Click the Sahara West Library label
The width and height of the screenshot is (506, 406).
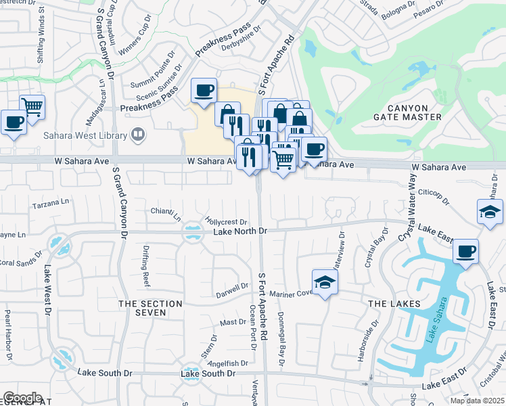(x=85, y=135)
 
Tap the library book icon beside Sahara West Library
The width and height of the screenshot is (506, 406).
(x=139, y=134)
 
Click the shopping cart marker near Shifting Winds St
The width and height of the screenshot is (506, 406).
(x=32, y=106)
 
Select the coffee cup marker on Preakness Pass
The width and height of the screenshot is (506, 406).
(x=204, y=91)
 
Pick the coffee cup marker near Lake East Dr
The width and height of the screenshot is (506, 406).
(x=466, y=252)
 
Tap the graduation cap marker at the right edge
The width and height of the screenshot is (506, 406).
(x=490, y=212)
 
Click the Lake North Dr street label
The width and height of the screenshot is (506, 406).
(x=241, y=231)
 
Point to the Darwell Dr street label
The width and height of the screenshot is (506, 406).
(x=232, y=288)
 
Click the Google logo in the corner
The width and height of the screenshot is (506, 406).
(x=22, y=398)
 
